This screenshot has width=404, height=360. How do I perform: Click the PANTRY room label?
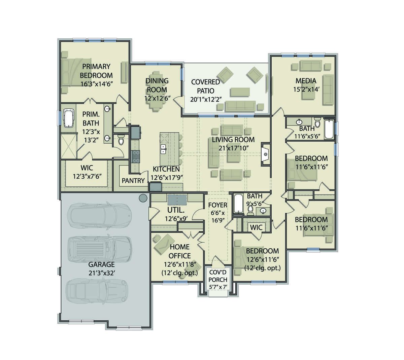coord(133,181)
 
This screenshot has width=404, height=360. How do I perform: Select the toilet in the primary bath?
coord(121,140)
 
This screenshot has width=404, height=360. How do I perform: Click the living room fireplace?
coord(265,154)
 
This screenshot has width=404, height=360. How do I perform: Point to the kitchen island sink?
coord(163,149)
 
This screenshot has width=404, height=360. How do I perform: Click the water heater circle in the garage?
coord(143,198)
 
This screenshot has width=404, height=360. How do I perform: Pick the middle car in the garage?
coord(100,249)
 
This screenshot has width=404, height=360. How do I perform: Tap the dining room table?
coord(157,92)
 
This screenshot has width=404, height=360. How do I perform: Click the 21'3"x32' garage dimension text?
coord(101,273)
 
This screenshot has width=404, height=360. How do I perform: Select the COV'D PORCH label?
coord(218,276)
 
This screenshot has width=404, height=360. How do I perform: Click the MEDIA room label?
coord(306,81)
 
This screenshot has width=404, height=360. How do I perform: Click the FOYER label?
coord(217,205)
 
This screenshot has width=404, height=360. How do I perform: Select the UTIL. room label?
coord(176,210)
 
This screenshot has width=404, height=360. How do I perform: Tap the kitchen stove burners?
coord(136,157)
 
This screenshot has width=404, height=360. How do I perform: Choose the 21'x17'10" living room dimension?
coord(233,148)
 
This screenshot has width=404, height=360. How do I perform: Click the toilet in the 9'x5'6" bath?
coord(250,211)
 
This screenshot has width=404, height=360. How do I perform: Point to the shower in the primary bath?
coord(69,146)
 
